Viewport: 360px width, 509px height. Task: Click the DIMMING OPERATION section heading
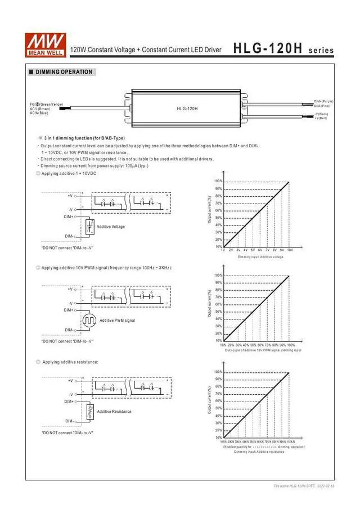click(64, 72)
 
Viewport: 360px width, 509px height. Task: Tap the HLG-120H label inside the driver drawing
click(187, 109)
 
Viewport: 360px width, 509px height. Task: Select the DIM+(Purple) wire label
click(323, 101)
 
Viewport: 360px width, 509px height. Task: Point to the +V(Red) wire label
click(321, 118)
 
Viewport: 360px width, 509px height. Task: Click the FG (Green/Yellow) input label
click(48, 105)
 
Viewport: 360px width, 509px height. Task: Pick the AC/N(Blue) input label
click(39, 113)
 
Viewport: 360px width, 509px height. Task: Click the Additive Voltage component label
click(111, 227)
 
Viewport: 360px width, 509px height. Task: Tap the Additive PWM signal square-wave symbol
click(89, 320)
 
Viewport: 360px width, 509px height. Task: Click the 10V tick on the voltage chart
click(290, 249)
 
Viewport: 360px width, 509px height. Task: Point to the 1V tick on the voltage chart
click(223, 249)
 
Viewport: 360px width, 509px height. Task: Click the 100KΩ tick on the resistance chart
click(291, 442)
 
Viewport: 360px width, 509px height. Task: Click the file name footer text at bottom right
click(304, 485)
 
